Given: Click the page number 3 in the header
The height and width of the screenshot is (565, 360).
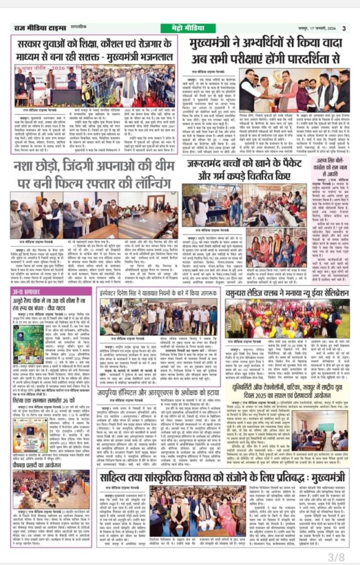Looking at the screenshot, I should pos(343,28).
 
